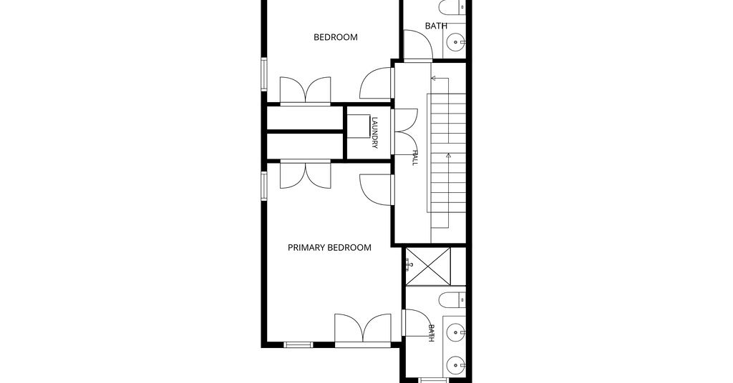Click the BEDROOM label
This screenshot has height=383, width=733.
[x=335, y=37]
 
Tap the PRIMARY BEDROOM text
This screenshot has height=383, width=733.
[x=329, y=248]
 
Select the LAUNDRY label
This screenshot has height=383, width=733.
[x=374, y=132]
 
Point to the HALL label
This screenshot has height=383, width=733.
[x=414, y=158]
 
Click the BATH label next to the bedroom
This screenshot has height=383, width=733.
[x=436, y=26]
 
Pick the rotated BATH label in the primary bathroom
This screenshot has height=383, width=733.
[x=431, y=333]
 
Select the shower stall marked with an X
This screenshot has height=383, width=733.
[x=428, y=267]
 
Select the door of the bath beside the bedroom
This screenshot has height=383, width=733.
[x=418, y=45]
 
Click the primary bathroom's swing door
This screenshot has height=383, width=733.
[x=417, y=323]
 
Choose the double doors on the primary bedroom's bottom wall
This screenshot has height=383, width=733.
[x=363, y=330]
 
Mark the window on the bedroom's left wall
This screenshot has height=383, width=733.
[x=263, y=74]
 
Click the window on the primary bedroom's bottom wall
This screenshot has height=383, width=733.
[x=298, y=344]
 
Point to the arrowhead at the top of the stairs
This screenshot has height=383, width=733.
[x=433, y=79]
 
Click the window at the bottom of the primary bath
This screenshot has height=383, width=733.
[x=434, y=380]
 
